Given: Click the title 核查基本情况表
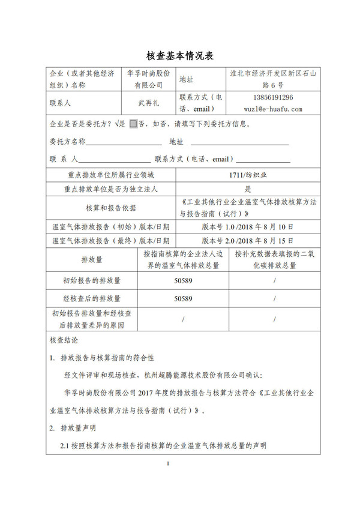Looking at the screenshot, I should coord(180,55).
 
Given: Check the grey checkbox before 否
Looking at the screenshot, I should coord(133,125).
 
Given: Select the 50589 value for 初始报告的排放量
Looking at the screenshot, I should coord(183,281).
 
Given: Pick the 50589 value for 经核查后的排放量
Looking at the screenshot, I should coord(183,298).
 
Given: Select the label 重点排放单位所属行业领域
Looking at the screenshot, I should coord(112,175).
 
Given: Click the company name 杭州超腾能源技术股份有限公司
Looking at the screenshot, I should coord(200,376).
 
